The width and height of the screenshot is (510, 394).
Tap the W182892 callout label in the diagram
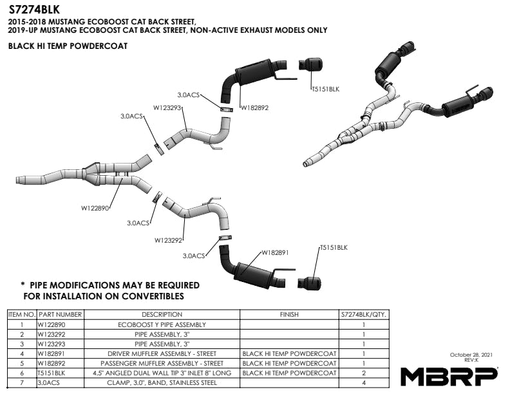tap(254, 108)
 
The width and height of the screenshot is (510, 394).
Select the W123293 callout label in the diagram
tap(168, 107)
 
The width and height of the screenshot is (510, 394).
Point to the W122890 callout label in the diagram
tap(97, 209)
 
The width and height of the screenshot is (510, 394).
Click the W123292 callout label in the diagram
tap(169, 240)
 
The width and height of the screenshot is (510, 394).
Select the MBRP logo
tap(449, 376)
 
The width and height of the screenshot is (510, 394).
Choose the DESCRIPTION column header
tap(162, 315)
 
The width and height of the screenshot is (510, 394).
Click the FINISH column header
tap(289, 315)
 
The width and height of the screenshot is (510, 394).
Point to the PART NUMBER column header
tap(60, 315)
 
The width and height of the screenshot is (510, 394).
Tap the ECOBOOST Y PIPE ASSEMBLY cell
tap(162, 325)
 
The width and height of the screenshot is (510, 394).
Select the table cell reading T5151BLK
tap(52, 373)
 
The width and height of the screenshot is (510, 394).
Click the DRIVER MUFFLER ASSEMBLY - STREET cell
tap(162, 353)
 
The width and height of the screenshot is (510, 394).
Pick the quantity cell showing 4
tap(364, 382)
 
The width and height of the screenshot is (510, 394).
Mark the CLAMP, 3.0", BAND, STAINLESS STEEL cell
tap(162, 382)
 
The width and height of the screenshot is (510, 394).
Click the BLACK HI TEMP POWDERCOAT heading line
tap(68, 46)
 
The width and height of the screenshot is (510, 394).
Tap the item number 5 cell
tap(22, 363)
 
